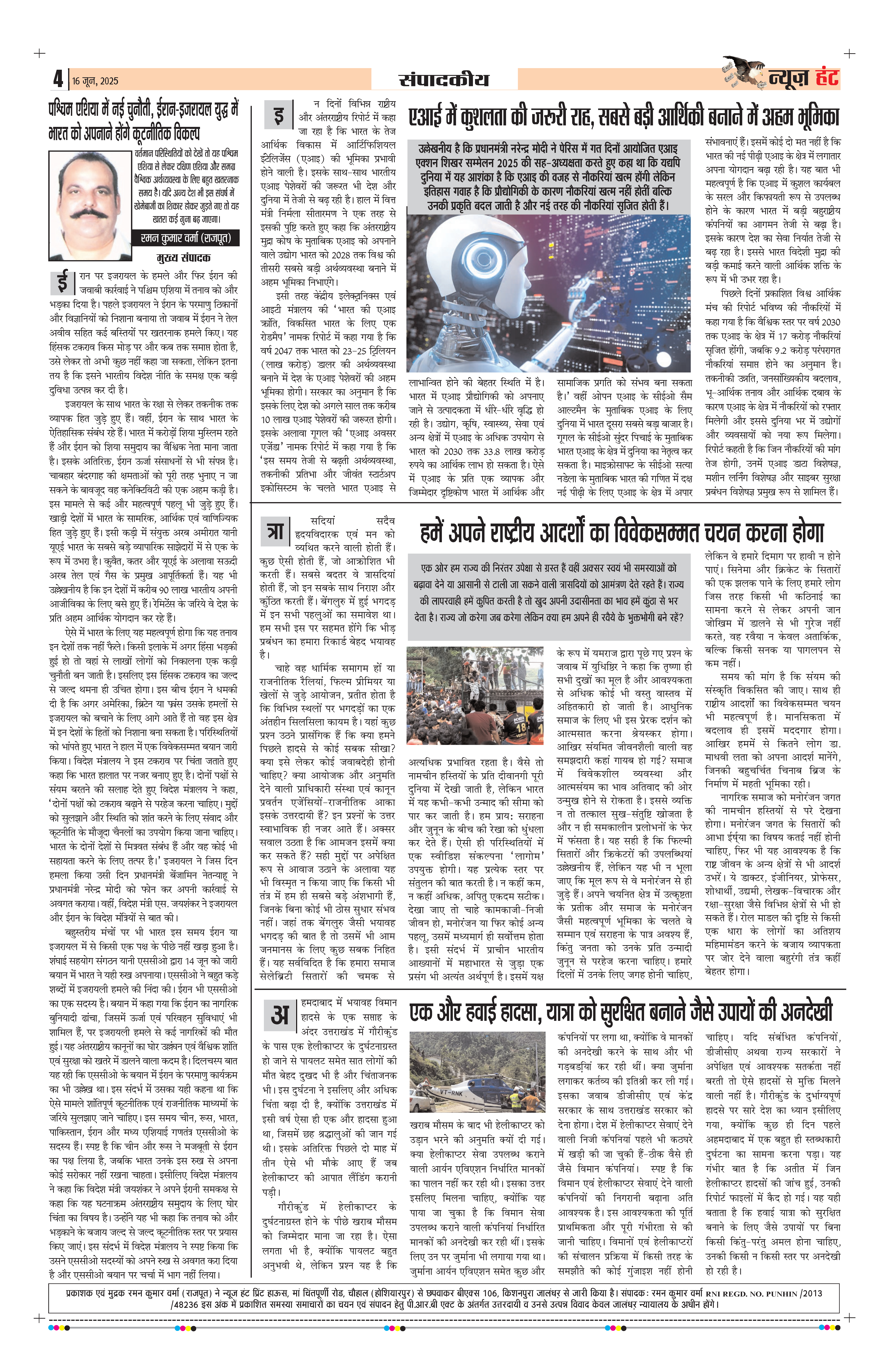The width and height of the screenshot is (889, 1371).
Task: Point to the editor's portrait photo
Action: point(91,204)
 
